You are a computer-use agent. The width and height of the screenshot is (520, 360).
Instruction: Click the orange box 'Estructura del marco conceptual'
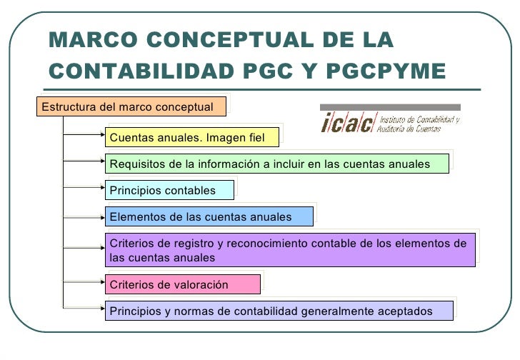[x=131, y=106]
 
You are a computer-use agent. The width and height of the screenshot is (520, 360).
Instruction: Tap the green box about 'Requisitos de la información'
[x=277, y=164]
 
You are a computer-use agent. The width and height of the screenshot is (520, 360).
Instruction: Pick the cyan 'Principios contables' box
[x=169, y=190]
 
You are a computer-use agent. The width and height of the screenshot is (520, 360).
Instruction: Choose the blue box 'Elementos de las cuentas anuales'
[x=209, y=216]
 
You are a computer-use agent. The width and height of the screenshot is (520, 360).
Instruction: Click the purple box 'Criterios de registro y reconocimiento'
[x=290, y=250]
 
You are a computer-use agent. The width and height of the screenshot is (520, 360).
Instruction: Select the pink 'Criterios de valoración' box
[x=181, y=284]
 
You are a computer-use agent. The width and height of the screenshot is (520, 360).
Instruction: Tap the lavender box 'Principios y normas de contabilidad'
[x=279, y=311]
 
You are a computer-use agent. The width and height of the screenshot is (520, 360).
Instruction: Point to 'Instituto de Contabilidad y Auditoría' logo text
[x=419, y=123]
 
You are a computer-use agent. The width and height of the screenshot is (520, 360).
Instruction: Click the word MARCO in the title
[x=89, y=40]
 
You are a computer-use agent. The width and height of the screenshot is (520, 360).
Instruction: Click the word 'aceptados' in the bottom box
[x=408, y=311]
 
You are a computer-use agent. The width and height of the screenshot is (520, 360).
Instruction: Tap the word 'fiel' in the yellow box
[x=254, y=136]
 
